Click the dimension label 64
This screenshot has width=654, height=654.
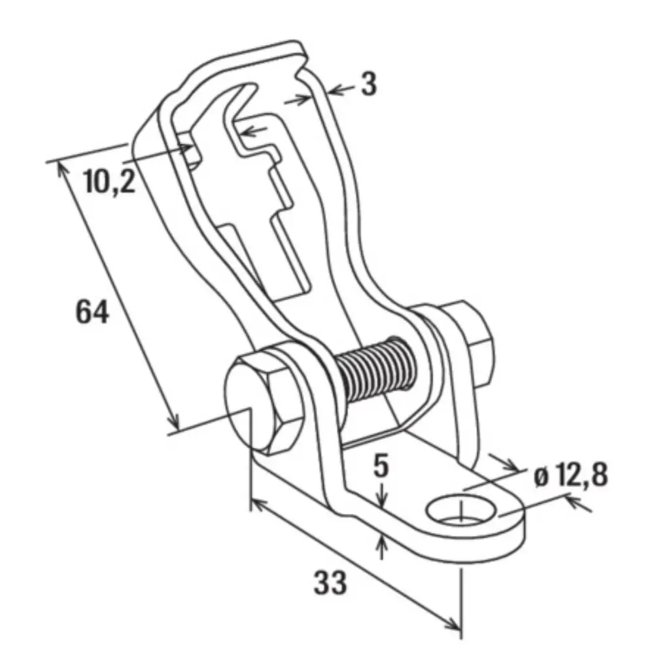click(x=92, y=311)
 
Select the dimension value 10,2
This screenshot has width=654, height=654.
click(x=110, y=182)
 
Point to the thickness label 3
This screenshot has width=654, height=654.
click(x=368, y=84)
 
